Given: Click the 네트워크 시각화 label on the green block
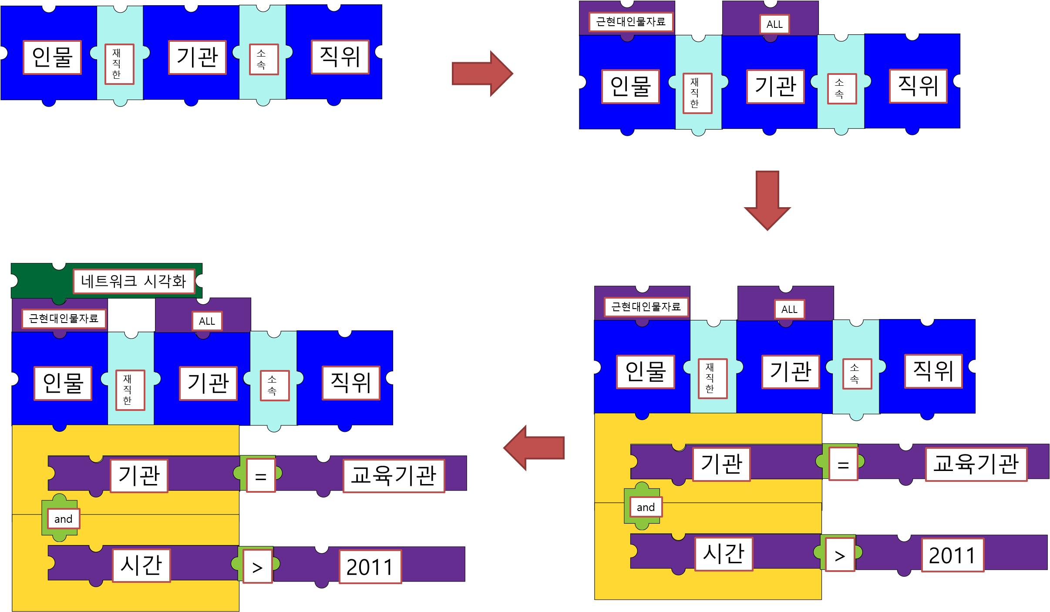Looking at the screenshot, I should tap(133, 281).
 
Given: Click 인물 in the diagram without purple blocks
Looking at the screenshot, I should tap(52, 57).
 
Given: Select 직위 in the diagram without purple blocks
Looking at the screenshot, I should tap(340, 57).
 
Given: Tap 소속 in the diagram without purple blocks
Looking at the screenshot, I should tap(263, 59).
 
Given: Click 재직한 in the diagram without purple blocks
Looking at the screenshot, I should tap(119, 64).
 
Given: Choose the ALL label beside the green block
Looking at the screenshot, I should tap(207, 321).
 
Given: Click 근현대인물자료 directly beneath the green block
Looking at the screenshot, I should tap(64, 319).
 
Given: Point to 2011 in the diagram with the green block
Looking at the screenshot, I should tap(370, 566).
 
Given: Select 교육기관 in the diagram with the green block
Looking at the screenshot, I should tap(394, 475).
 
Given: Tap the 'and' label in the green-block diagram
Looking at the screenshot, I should tap(63, 519).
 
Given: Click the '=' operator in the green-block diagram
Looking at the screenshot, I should tap(261, 476).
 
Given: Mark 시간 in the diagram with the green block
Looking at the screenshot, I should tap(141, 565).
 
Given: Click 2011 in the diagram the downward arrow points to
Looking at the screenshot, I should tap(952, 555).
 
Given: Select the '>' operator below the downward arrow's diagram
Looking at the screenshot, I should tap(840, 555).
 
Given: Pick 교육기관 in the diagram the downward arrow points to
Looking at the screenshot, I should tap(976, 464).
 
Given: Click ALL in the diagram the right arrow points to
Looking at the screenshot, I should tap(774, 24).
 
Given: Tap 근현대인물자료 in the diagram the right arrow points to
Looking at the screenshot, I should tap(630, 22).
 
